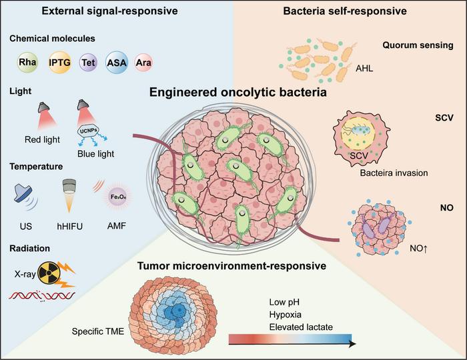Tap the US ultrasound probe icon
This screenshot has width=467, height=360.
point(25,195)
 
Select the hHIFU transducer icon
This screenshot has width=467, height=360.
point(69,193)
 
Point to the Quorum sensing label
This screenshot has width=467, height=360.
point(418,46)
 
